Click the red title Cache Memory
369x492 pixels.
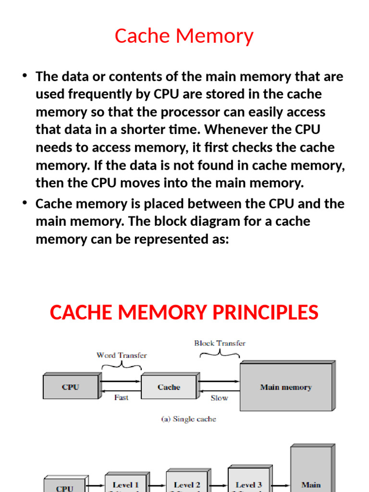click(x=184, y=36)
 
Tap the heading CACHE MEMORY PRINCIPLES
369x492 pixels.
click(x=184, y=312)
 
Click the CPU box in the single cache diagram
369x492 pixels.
click(x=71, y=387)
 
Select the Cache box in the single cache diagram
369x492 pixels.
click(x=169, y=387)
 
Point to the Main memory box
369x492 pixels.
click(x=285, y=387)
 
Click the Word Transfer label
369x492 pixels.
click(x=122, y=356)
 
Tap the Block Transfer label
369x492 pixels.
click(x=220, y=343)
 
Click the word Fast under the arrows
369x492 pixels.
click(x=121, y=398)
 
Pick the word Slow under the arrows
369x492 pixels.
click(x=219, y=398)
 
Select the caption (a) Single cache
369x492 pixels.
click(x=188, y=419)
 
